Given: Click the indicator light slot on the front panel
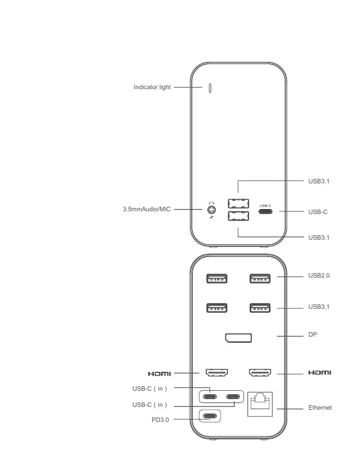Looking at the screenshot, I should [210, 88].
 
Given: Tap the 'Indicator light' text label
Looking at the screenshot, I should [152, 88].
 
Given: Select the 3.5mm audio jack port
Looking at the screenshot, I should [211, 210].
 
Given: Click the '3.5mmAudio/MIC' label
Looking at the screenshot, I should [146, 209].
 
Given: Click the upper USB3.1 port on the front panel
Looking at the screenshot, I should [238, 203].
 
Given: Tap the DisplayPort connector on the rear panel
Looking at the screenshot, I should [238, 338].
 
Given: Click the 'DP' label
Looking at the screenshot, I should [313, 336].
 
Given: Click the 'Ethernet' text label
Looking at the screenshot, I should [320, 408].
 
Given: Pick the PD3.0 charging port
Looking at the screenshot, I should [210, 416].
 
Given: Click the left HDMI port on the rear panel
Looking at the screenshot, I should [217, 372].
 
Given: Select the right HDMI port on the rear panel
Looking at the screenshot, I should [259, 372].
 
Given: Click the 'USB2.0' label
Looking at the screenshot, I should [319, 275].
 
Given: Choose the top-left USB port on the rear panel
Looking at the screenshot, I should [217, 278].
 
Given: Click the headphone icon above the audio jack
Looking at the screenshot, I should [212, 203].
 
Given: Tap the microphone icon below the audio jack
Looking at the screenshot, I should [212, 217].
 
